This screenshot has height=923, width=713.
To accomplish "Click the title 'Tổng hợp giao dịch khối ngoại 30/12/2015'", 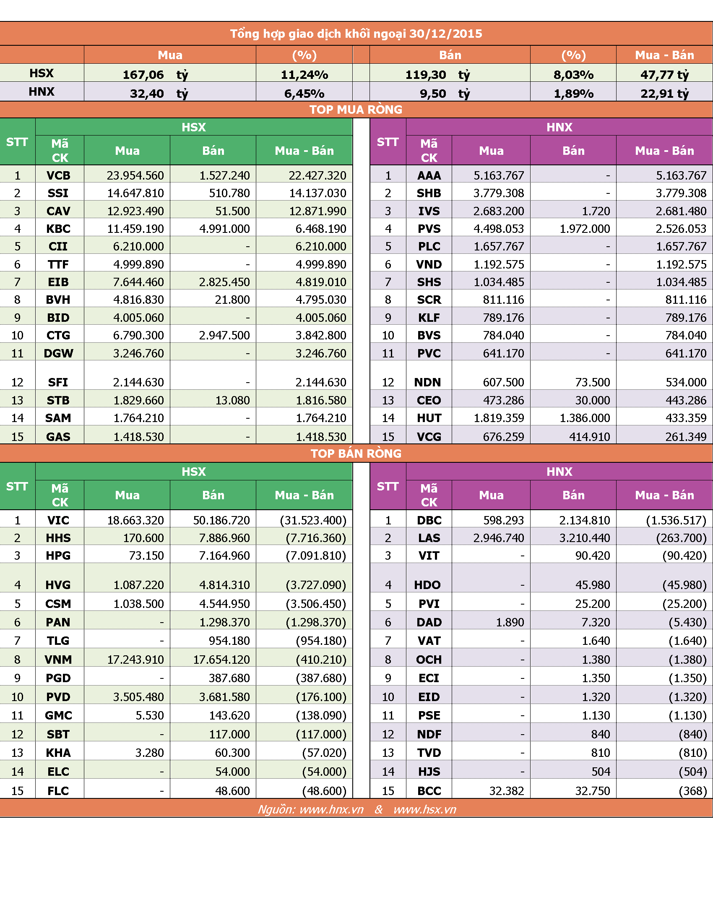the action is (x=356, y=34).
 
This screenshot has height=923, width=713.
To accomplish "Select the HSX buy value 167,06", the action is (x=143, y=75).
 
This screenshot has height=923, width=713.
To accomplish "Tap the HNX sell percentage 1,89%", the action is (x=574, y=94).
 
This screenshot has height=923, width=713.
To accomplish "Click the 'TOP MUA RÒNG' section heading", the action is (x=356, y=110).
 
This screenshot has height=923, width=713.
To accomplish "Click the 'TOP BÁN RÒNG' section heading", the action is (x=356, y=454).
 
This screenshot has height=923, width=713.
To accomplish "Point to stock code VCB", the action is (x=58, y=175).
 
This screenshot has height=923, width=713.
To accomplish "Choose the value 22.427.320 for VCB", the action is (x=317, y=175).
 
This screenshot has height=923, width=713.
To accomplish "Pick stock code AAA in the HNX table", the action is (x=429, y=175).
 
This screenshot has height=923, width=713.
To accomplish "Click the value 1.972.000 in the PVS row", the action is (x=585, y=229).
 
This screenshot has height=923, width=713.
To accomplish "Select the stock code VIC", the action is (x=58, y=520).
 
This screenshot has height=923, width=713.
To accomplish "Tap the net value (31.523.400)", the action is (x=313, y=520).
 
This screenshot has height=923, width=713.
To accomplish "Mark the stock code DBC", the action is (x=429, y=520).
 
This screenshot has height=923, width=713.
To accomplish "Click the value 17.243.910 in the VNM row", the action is (x=135, y=659).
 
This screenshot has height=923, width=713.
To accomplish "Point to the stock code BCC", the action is (x=429, y=791).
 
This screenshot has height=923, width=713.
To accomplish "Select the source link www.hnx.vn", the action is (x=332, y=809).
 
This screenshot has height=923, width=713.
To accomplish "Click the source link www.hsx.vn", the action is (x=425, y=809).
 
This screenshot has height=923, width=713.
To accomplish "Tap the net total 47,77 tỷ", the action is (x=664, y=75).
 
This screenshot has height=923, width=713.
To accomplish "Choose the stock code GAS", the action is (x=58, y=437).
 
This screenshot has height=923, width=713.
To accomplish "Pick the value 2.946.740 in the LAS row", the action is (x=499, y=538).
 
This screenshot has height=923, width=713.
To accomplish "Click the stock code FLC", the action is (x=58, y=791).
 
